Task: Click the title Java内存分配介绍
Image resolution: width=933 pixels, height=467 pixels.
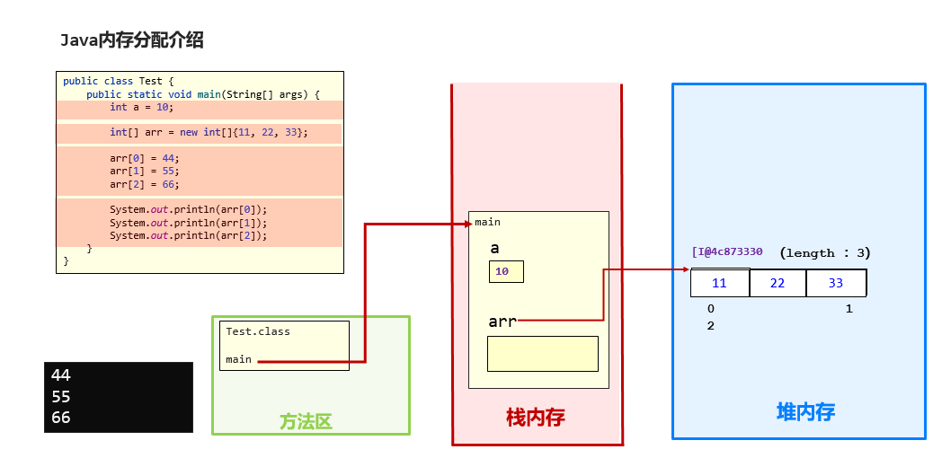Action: pos(132,40)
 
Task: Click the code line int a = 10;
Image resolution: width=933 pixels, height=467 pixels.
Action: pos(141,107)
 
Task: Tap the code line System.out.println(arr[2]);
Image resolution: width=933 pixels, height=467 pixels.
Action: pos(189,235)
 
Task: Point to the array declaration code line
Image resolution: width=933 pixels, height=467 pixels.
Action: pos(209,132)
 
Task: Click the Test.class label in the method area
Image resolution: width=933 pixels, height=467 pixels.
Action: pos(258,331)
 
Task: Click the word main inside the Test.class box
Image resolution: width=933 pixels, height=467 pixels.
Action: pos(239,359)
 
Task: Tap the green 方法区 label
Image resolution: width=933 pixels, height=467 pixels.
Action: pos(306,421)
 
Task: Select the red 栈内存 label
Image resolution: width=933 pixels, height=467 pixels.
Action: pos(536,418)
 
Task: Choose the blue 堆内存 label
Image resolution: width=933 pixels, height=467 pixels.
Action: pos(805,412)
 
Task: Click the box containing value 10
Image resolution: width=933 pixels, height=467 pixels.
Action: pos(506,271)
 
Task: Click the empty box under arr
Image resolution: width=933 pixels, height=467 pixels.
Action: pos(542,353)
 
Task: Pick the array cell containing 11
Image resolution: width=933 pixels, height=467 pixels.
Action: pos(719,283)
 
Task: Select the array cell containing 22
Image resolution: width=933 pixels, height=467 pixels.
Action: pos(777,283)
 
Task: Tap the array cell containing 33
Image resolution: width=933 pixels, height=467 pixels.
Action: pos(836,283)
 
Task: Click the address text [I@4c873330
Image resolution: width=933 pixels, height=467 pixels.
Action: pos(726,252)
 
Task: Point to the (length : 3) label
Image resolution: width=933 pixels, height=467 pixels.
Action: pos(825,253)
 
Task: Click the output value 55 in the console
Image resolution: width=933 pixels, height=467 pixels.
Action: pos(61,396)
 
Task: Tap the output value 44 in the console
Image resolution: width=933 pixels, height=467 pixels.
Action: pos(61,375)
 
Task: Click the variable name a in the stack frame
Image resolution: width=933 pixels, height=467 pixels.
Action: pos(494,249)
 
